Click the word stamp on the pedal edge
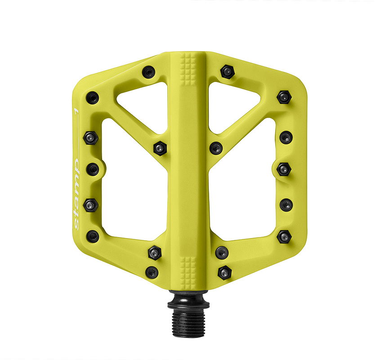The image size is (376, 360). pyautogui.click(x=76, y=194)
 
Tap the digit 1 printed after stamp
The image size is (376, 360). pyautogui.click(x=76, y=110)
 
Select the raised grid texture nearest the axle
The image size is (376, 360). pyautogui.click(x=188, y=270)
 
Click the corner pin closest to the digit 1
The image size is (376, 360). pyautogui.click(x=92, y=97)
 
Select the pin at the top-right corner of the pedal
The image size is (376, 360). pyautogui.click(x=283, y=97)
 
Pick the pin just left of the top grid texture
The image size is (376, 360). pyautogui.click(x=148, y=72)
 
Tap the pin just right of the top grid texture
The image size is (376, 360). pyautogui.click(x=227, y=72)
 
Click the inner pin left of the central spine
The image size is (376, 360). pyautogui.click(x=160, y=148)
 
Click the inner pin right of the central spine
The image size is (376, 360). pyautogui.click(x=216, y=148)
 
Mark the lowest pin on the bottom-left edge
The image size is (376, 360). pyautogui.click(x=152, y=272)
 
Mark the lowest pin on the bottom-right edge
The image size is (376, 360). pyautogui.click(x=224, y=272)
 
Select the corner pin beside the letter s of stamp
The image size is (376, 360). pyautogui.click(x=92, y=236)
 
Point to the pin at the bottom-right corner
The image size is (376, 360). pyautogui.click(x=284, y=236)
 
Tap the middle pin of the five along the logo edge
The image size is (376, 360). pyautogui.click(x=93, y=169)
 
